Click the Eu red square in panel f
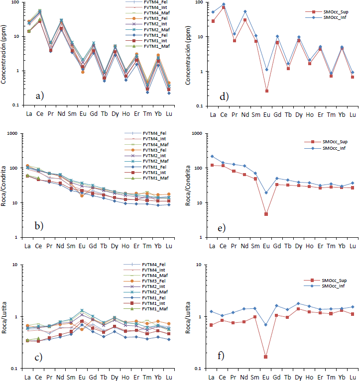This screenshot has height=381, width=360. pos(266,357)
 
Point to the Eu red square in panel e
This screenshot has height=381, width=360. pos(266,214)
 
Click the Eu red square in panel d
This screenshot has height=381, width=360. pos(266,91)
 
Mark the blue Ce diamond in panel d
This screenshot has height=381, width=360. pos(224,4)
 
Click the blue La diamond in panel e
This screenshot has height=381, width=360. pos(213,156)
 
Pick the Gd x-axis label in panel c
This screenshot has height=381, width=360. pos(93,376)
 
